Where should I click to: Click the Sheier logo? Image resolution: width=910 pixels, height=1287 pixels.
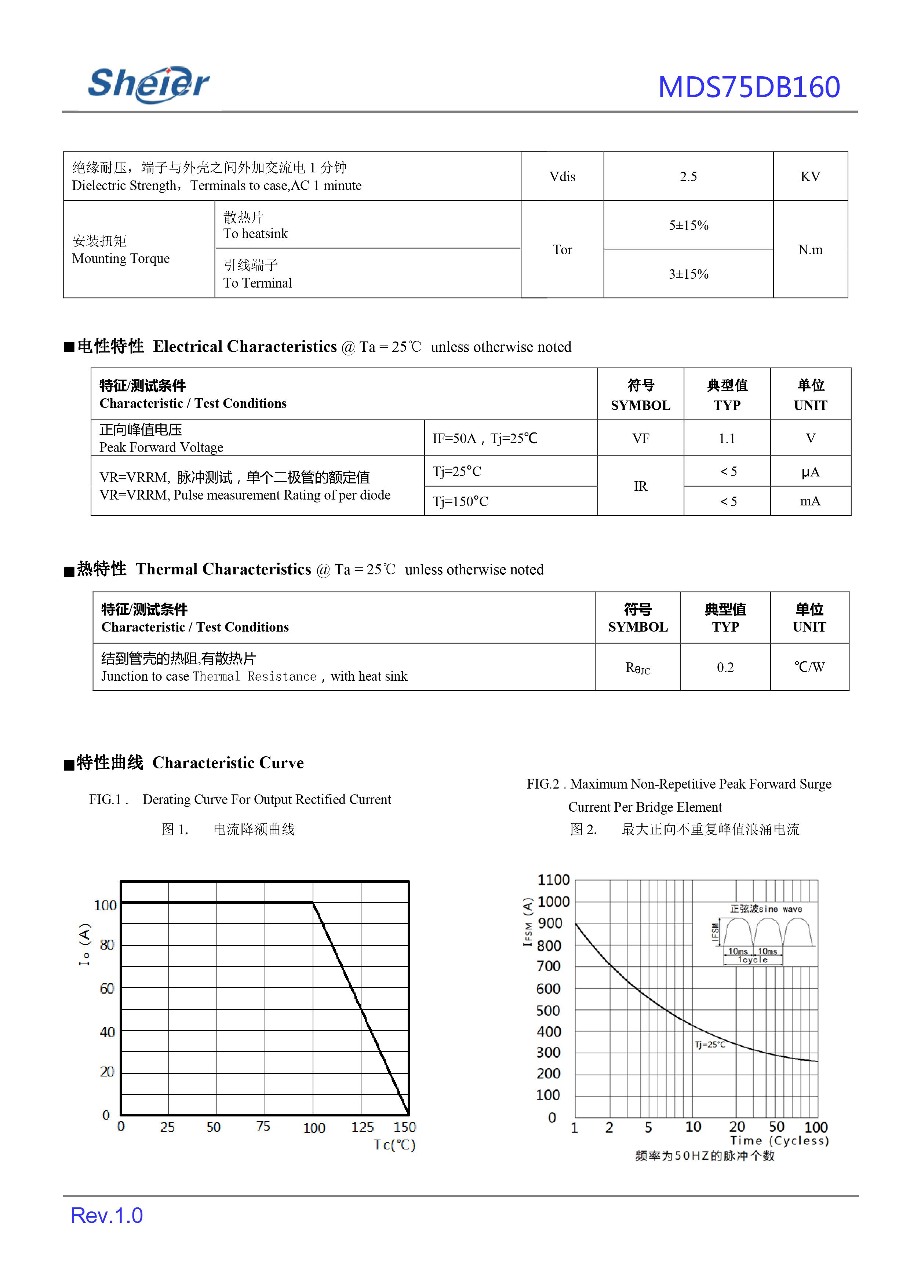tap(149, 84)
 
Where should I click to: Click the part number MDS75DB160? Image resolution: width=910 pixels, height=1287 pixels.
tap(749, 87)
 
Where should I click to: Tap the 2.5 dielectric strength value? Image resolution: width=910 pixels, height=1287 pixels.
tap(688, 176)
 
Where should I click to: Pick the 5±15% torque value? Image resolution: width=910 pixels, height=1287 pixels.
tap(688, 225)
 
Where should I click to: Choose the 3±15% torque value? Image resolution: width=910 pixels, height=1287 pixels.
tap(688, 274)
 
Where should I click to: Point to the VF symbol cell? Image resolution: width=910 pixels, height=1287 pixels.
tap(640, 438)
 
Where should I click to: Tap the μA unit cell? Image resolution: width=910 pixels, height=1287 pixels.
tap(810, 472)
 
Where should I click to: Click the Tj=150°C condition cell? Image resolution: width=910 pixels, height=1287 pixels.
tap(461, 501)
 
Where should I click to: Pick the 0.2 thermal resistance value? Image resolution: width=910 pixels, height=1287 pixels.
tap(725, 667)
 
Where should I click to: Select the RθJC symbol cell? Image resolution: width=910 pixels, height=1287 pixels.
tap(637, 668)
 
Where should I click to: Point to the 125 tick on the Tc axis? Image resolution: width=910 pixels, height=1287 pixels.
tap(362, 1127)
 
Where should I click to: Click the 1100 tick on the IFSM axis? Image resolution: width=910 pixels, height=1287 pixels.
tap(553, 880)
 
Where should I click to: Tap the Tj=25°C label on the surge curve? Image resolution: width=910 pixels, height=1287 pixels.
tap(709, 1044)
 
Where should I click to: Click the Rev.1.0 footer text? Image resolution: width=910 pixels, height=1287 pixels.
tap(106, 1215)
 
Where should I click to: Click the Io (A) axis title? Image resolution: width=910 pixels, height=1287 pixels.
tap(84, 944)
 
